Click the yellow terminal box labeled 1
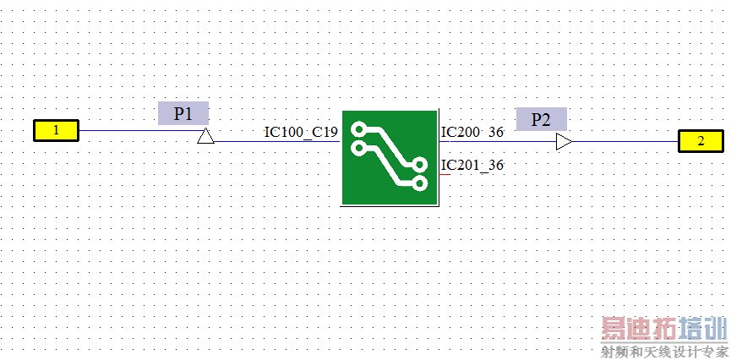(x=56, y=130)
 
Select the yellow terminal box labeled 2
(x=701, y=141)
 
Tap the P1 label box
(x=183, y=113)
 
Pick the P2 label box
(x=541, y=119)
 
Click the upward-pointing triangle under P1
(x=205, y=136)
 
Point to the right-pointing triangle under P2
(x=564, y=141)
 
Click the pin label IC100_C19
(x=301, y=133)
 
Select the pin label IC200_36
(x=472, y=133)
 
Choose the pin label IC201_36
(x=472, y=165)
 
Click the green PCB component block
(x=390, y=158)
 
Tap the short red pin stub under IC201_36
(x=445, y=174)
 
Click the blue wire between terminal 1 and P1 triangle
(x=142, y=131)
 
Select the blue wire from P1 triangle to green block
(x=277, y=141)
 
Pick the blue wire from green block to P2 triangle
(x=498, y=141)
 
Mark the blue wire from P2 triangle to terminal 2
(x=625, y=141)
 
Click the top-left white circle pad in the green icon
(x=359, y=128)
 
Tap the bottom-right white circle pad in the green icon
(x=420, y=183)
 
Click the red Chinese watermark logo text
(x=665, y=330)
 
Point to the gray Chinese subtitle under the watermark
(x=665, y=352)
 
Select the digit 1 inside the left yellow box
(x=57, y=130)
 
